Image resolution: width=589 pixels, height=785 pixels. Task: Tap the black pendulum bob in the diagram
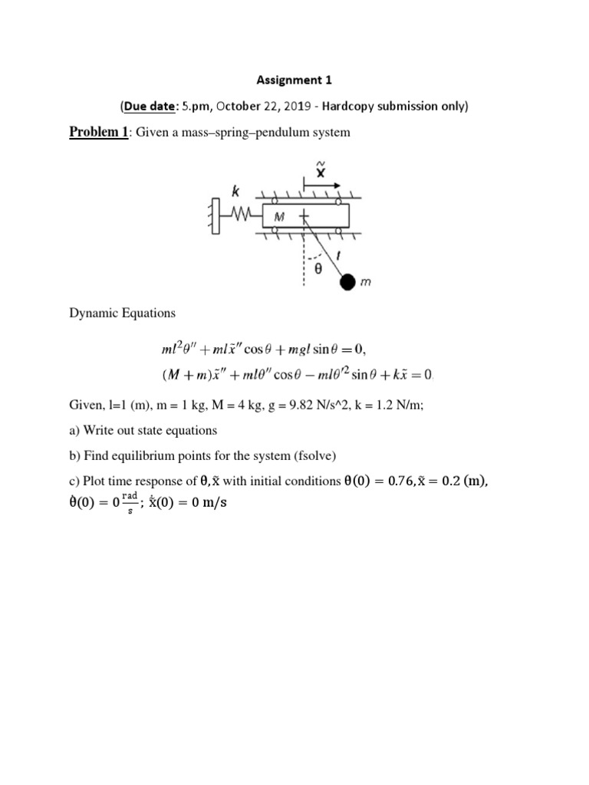[x=348, y=283]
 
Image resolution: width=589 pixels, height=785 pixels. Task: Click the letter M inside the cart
[x=279, y=217]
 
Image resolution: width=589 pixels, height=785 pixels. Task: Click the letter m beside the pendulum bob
[x=366, y=283]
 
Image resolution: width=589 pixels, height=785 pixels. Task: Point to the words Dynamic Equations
[x=123, y=313]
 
